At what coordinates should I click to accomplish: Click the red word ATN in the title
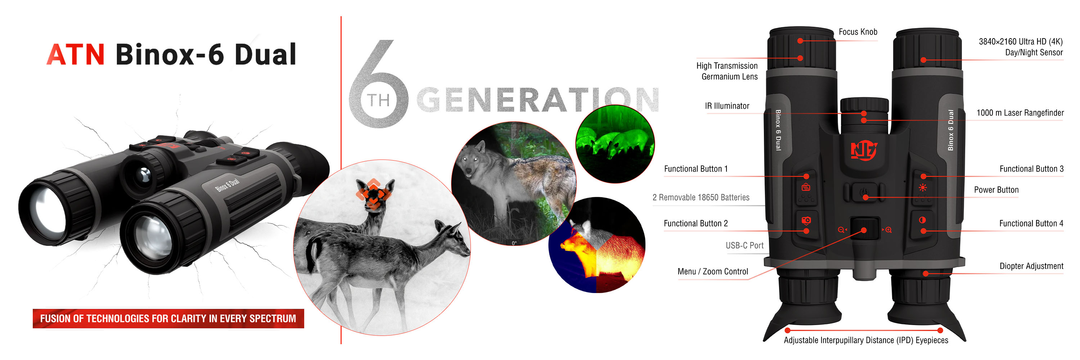pyautogui.click(x=76, y=54)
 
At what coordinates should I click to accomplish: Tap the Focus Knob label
pyautogui.click(x=858, y=32)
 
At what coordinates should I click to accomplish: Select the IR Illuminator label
pyautogui.click(x=727, y=106)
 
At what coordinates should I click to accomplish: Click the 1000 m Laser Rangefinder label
pyautogui.click(x=1020, y=113)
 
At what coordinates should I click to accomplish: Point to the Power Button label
pyautogui.click(x=996, y=190)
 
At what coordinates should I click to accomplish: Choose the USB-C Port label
pyautogui.click(x=744, y=246)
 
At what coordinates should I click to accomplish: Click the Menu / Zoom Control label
pyautogui.click(x=713, y=271)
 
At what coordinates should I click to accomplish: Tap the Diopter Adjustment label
pyautogui.click(x=1031, y=266)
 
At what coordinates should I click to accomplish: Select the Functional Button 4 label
pyautogui.click(x=1031, y=223)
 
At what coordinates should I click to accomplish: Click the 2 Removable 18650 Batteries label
pyautogui.click(x=701, y=197)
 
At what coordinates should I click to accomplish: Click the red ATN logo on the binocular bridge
pyautogui.click(x=864, y=150)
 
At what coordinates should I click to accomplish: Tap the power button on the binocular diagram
pyautogui.click(x=864, y=193)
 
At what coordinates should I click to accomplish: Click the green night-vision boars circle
pyautogui.click(x=615, y=144)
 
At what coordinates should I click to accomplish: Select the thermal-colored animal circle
pyautogui.click(x=597, y=245)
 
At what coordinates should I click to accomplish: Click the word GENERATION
pyautogui.click(x=538, y=100)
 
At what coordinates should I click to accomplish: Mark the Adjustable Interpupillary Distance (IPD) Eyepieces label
pyautogui.click(x=866, y=340)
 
